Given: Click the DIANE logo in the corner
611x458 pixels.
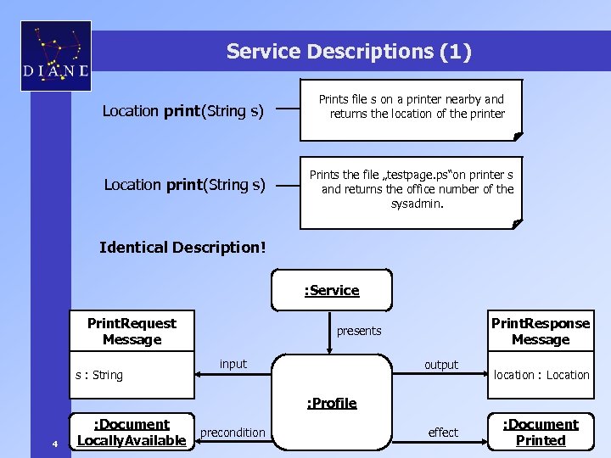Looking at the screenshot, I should click(x=55, y=56).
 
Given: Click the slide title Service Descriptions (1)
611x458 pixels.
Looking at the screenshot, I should click(x=348, y=52).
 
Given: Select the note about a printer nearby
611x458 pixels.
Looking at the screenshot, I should click(x=412, y=107).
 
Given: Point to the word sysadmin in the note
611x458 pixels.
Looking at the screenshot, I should click(x=417, y=204).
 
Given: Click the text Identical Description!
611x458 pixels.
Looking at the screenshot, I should click(x=182, y=248).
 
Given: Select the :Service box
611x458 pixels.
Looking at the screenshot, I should click(x=332, y=291).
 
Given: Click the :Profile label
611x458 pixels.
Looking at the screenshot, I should click(x=332, y=403).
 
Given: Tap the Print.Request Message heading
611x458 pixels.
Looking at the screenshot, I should click(x=132, y=332).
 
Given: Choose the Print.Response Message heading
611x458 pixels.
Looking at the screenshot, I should click(x=541, y=332).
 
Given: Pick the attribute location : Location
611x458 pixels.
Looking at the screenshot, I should click(x=541, y=375).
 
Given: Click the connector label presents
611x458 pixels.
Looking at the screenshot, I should click(x=359, y=331).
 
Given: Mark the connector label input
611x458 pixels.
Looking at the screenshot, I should click(x=233, y=364).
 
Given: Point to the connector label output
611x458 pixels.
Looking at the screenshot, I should click(x=441, y=365).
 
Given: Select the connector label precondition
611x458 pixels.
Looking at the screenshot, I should click(x=233, y=433).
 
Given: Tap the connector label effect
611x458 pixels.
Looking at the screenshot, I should click(x=443, y=433).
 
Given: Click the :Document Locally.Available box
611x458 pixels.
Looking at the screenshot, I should click(x=132, y=433).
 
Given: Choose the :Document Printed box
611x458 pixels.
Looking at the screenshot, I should click(x=541, y=433).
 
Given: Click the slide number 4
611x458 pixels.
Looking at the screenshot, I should click(x=54, y=444).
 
